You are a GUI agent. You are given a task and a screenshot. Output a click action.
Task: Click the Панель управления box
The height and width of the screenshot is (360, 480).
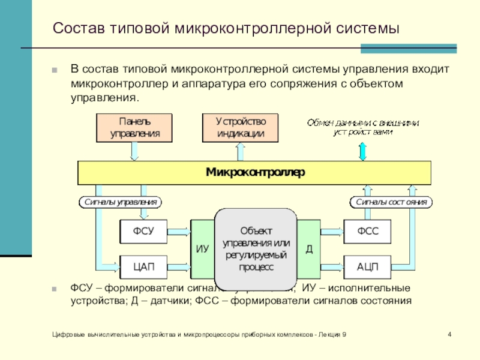[134, 128]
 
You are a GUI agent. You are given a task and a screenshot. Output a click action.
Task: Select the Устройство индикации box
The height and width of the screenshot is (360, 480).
[240, 128]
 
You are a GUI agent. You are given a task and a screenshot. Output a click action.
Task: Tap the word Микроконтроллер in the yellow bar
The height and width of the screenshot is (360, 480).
[256, 172]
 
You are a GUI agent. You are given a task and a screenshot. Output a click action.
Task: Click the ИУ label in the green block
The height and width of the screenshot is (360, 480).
[202, 249]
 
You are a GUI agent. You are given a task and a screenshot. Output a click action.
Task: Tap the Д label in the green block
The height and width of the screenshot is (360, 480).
[309, 248]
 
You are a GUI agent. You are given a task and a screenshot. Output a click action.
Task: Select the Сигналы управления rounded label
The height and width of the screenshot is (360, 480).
[121, 202]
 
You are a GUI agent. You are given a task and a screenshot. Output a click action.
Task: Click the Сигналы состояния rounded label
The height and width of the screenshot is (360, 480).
[391, 202]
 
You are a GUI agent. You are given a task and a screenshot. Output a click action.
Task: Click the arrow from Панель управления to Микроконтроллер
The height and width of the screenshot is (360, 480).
[134, 151]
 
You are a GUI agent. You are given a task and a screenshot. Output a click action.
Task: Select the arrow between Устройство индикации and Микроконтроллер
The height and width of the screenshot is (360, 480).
[240, 151]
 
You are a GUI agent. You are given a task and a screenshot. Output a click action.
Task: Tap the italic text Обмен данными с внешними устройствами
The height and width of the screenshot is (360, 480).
[363, 127]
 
